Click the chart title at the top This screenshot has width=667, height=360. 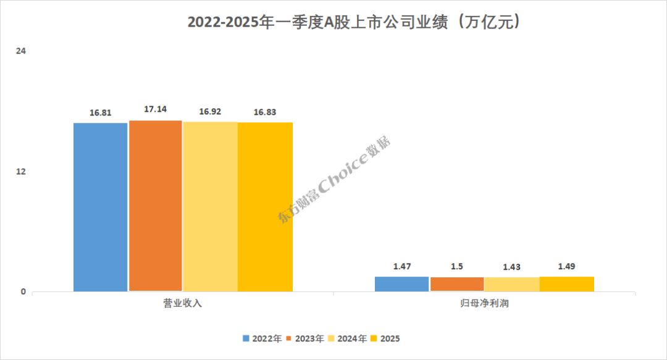click(357, 23)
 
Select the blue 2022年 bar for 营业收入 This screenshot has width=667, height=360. click(101, 207)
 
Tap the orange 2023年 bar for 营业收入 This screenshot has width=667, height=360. click(156, 206)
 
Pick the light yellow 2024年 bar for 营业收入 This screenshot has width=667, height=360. click(210, 206)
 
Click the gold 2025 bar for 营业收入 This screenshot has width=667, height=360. click(265, 207)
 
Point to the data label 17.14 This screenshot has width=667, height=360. click(156, 109)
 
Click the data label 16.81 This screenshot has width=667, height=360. click(101, 113)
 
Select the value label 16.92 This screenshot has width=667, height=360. click(210, 112)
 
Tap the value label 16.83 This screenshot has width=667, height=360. click(265, 112)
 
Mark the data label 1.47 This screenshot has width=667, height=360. click(402, 266)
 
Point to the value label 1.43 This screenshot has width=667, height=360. click(511, 267)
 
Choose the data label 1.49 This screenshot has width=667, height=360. click(567, 266)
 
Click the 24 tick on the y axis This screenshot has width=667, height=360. click(20, 51)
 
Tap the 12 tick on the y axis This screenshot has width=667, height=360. click(20, 171)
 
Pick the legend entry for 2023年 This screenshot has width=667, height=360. click(305, 338)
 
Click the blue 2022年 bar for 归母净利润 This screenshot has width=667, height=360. click(402, 284)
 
